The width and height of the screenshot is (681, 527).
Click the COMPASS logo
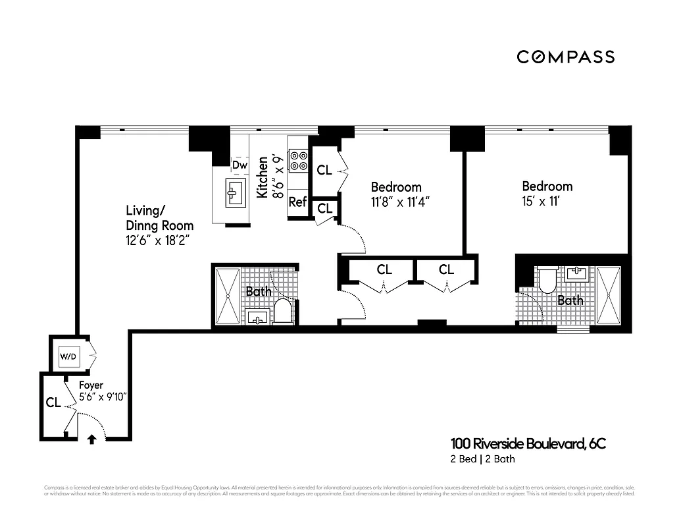565,57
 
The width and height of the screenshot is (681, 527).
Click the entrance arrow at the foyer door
91,438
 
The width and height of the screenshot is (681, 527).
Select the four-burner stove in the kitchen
299,161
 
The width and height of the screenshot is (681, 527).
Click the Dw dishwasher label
240,165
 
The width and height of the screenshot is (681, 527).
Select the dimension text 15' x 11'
540,202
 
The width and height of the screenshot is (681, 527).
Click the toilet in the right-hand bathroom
547,281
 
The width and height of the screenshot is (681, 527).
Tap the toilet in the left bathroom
283,312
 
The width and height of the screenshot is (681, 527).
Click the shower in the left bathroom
228,296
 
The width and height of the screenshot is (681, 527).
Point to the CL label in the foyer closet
53,402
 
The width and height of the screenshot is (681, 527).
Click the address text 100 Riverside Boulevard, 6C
528,444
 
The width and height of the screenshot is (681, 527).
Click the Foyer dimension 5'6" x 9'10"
102,397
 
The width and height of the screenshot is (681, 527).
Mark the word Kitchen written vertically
262,177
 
